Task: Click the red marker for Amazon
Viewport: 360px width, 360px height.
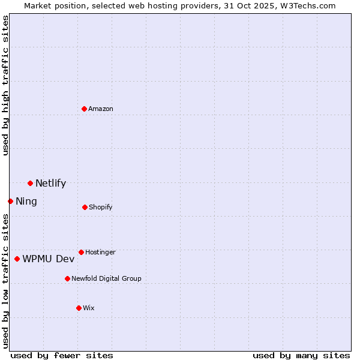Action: point(84,109)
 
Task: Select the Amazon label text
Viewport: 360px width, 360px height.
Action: point(101,109)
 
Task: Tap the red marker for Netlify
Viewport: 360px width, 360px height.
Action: point(30,183)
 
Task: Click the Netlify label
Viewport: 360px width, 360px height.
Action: point(50,184)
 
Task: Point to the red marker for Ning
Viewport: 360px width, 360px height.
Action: point(10,201)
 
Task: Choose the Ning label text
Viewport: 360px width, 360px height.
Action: point(26,202)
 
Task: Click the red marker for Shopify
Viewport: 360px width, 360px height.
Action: point(85,207)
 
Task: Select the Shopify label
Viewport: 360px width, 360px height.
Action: point(101,208)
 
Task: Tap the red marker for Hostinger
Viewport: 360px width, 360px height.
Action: point(81,252)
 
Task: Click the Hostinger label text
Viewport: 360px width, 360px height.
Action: point(100,253)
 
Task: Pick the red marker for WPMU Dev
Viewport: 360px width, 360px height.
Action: point(17,259)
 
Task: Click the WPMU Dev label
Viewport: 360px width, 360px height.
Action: point(49,259)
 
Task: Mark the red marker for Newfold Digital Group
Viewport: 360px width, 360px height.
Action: point(67,278)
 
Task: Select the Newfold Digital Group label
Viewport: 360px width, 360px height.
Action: point(106,279)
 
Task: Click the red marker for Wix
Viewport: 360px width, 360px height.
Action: point(79,308)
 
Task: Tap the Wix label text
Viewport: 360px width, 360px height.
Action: point(89,308)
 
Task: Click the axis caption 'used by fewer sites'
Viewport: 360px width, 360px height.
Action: point(62,355)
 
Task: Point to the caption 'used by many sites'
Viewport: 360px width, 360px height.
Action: point(301,355)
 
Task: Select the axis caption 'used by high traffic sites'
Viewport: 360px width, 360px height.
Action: point(5,85)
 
